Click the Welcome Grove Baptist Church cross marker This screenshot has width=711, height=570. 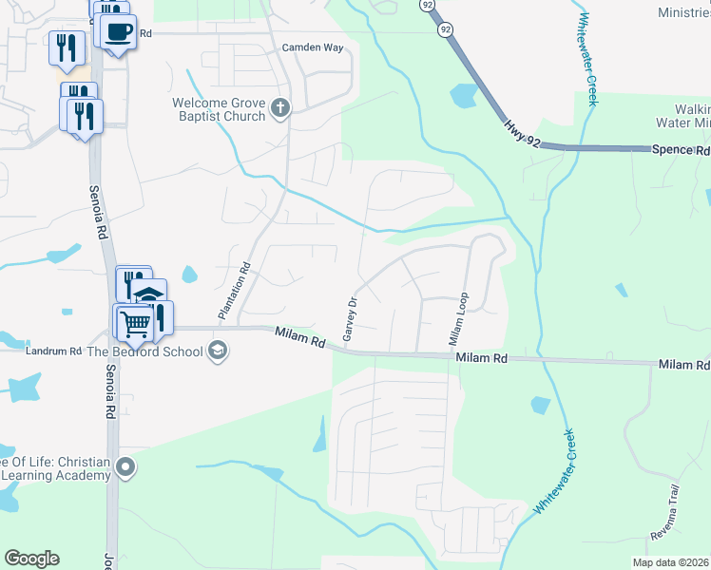coord(279,109)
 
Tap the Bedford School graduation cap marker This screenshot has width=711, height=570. coord(218,351)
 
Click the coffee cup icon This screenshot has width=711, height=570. coord(119,30)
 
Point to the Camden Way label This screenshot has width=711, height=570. coord(312,47)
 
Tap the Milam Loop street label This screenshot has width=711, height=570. coord(458,319)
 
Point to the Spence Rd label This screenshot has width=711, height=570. coord(680,150)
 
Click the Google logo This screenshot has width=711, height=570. coord(31,559)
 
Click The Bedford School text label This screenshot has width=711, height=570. coord(145,351)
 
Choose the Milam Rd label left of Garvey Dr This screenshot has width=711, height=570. coord(300,336)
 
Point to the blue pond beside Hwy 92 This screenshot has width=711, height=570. coord(464,95)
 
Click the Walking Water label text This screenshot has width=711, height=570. coord(684,114)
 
